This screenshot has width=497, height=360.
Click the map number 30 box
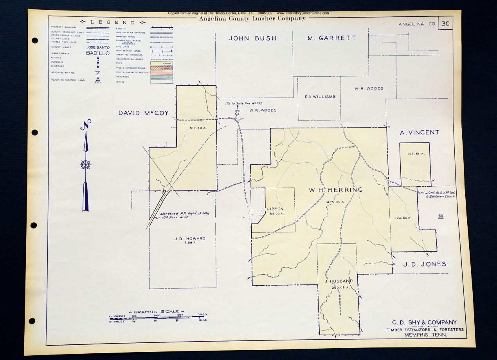pyautogui.click(x=445, y=23)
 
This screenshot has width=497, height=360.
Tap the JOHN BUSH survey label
pyautogui.click(x=252, y=38)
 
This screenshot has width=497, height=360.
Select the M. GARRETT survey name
pyautogui.click(x=331, y=38)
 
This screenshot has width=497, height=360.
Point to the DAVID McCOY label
pyautogui.click(x=144, y=113)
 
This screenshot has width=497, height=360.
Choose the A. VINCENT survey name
pyautogui.click(x=420, y=133)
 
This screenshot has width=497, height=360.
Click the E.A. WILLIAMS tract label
pyautogui.click(x=320, y=97)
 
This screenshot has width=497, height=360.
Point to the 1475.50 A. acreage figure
pyautogui.click(x=335, y=202)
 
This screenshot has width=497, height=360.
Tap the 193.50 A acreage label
pyautogui.click(x=402, y=218)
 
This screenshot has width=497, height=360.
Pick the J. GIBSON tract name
pyautogui.click(x=272, y=209)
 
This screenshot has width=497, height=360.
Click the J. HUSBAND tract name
pyautogui.click(x=339, y=281)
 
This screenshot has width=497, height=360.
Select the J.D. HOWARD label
pyautogui.click(x=190, y=239)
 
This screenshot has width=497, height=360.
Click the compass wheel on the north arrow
pyautogui.click(x=86, y=164)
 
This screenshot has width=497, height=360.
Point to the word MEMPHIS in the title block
pyautogui.click(x=420, y=335)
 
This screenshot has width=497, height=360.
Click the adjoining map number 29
pyautogui.click(x=441, y=216)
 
